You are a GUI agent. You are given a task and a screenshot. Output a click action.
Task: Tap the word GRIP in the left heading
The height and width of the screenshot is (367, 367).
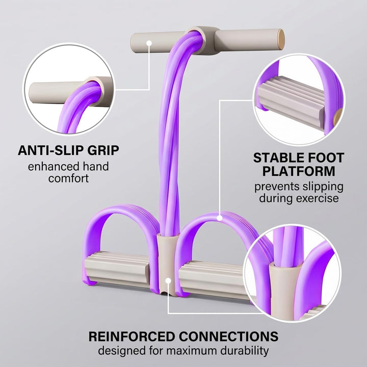coord(103,150)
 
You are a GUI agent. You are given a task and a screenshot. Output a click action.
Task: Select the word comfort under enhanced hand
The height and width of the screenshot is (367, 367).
coord(69,178)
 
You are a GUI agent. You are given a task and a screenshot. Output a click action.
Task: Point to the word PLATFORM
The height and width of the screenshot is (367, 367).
coord(299,171)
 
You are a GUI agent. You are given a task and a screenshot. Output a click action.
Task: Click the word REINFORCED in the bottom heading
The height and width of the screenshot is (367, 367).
coord(132,336)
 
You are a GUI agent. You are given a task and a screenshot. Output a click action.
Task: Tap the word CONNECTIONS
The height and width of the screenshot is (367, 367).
coord(229,336)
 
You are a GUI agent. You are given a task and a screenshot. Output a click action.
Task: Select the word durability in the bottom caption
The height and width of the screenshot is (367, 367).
coord(245,351)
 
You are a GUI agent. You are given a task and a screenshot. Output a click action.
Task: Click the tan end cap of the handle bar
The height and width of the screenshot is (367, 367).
coord(281,39)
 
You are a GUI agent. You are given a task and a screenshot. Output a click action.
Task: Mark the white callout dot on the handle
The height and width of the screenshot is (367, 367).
coord(149,43)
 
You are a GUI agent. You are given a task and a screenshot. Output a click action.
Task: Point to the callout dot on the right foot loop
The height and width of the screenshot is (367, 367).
coord(220,218)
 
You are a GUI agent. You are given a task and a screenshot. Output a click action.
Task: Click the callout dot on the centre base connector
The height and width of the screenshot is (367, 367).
coord(168,281)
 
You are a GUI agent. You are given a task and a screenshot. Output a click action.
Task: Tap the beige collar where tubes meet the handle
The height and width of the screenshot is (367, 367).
coord(202,40)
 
